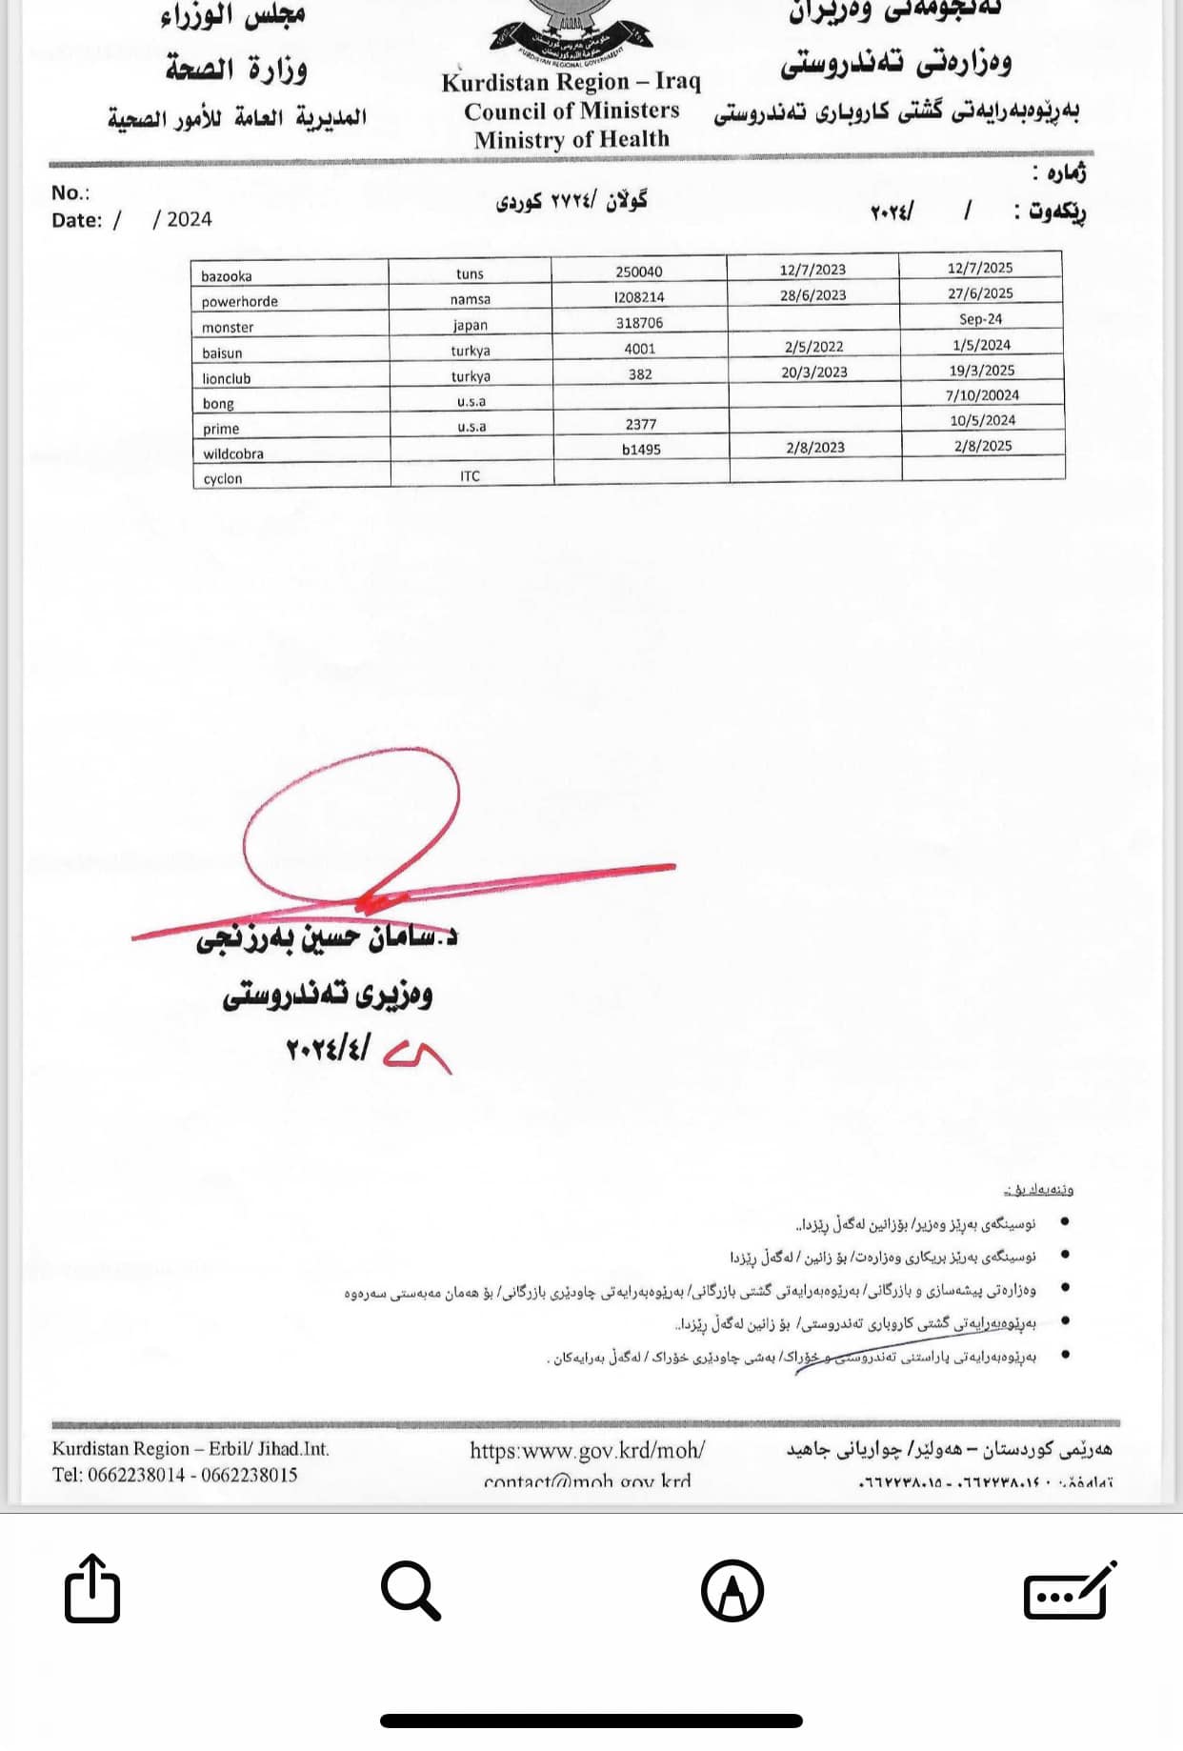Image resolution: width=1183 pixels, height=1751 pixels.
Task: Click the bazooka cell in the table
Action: pos(227,276)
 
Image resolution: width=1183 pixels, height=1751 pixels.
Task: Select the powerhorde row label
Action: pos(240,302)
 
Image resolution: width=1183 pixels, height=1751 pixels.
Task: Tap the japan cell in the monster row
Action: pos(470,325)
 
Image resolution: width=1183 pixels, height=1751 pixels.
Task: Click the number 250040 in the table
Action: pos(638,272)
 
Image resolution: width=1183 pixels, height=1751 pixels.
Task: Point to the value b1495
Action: pos(641,449)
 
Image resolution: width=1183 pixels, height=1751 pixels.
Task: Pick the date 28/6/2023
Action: pos(812,295)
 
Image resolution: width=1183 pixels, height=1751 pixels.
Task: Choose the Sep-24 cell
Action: pos(980,319)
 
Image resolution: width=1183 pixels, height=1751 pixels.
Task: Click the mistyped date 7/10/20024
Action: pos(982,395)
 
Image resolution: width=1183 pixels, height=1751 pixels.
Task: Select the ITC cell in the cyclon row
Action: pos(470,476)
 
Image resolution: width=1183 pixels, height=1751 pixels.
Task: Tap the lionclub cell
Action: pos(227,378)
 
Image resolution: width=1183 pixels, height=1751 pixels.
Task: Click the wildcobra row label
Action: pos(233,454)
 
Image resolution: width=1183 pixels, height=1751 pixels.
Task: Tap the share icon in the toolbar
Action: pos(92,1588)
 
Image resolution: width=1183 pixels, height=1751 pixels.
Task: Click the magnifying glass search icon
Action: pos(411,1589)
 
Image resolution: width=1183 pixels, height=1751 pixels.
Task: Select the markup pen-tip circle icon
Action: pos(732,1590)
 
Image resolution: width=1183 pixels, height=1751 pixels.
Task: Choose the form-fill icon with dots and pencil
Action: pos(1069,1590)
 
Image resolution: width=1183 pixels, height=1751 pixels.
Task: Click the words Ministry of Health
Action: pos(571,140)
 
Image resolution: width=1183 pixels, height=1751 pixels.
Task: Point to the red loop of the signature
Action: pos(352,825)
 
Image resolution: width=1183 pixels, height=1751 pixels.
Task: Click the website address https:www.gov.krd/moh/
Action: pos(587,1450)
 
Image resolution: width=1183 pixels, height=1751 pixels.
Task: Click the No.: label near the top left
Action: pos(70,193)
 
